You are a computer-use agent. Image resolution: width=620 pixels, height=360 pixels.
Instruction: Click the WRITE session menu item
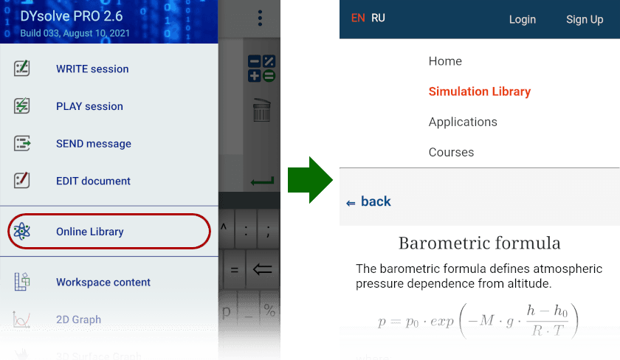[92, 69]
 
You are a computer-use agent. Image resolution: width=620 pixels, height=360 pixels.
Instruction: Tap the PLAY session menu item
[89, 106]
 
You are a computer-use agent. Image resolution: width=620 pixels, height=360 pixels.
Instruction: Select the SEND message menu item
[93, 144]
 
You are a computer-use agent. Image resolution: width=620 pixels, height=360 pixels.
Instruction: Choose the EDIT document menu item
[93, 181]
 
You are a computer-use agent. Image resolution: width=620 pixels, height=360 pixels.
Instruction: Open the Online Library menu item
[89, 232]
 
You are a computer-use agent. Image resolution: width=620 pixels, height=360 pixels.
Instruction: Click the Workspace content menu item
[103, 282]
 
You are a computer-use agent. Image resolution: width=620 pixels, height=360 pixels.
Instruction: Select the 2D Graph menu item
[78, 319]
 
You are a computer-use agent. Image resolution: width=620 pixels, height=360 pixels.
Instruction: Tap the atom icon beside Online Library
[22, 232]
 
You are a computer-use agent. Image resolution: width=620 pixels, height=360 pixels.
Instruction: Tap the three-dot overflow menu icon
[260, 18]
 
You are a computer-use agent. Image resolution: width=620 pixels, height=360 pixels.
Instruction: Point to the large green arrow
[310, 179]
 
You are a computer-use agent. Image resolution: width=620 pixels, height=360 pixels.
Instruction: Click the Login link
[523, 19]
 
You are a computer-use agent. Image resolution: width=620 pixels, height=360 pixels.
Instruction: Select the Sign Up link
[585, 19]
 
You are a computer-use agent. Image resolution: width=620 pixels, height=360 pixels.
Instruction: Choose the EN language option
[358, 18]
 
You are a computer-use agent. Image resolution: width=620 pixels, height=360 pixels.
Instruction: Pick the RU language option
[378, 18]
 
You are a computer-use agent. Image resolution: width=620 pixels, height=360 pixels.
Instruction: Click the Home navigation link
[445, 61]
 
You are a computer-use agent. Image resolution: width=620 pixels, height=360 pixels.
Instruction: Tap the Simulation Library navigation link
[480, 91]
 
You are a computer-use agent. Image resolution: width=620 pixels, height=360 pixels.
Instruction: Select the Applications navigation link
[463, 122]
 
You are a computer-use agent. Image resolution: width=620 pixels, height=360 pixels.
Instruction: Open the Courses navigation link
[451, 152]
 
